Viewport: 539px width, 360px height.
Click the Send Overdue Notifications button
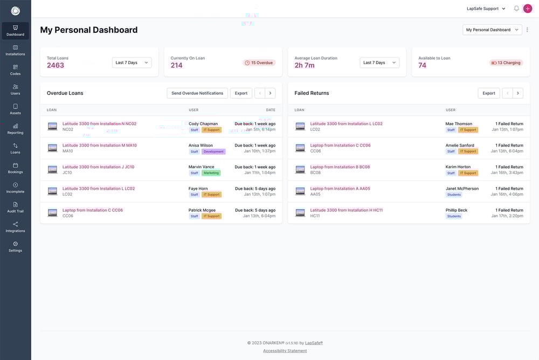197,93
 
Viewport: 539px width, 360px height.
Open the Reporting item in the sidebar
15,128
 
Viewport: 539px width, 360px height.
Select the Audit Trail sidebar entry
15,207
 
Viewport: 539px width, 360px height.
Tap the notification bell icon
516,9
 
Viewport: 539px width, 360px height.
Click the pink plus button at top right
528,9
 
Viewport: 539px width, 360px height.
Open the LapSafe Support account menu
486,9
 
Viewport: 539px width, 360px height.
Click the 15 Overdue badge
259,63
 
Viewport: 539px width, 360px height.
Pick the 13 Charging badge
506,63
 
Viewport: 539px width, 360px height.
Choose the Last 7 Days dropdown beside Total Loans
132,63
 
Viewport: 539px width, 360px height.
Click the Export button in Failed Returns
489,93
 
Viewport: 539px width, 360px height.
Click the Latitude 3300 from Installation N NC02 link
99,123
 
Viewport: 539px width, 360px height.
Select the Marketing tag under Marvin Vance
211,173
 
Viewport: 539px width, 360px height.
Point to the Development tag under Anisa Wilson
213,151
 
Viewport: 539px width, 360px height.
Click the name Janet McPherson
462,189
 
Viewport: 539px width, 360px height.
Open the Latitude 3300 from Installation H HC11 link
346,210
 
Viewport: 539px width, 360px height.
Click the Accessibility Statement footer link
285,351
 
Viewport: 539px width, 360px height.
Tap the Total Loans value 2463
56,65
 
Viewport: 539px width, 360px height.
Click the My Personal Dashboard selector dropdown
492,30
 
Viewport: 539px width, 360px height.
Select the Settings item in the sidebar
15,246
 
